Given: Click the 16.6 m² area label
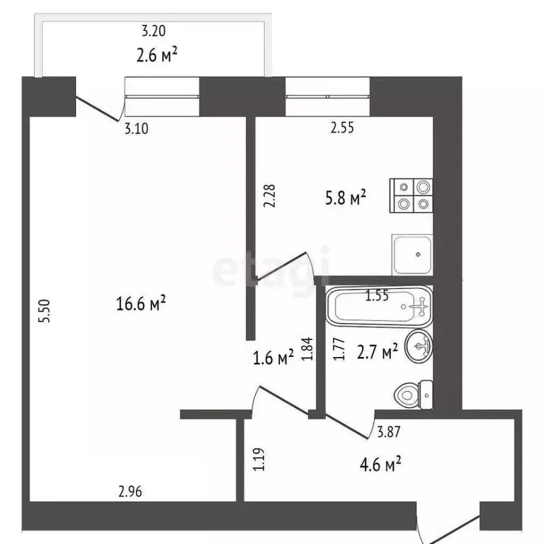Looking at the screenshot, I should (x=140, y=305).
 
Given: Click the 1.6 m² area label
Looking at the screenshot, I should (x=273, y=358).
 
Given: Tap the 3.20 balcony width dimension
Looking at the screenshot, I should (x=154, y=31).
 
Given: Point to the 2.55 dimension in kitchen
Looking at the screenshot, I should (x=341, y=128).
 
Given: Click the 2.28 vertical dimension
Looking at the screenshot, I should (x=269, y=195).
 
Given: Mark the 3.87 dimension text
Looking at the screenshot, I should (x=390, y=430).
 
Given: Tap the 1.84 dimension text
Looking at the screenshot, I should (x=307, y=349).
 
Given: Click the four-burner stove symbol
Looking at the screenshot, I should (x=412, y=195).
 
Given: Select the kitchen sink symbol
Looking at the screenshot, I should (x=412, y=254).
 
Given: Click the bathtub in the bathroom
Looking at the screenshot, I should (x=379, y=307).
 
